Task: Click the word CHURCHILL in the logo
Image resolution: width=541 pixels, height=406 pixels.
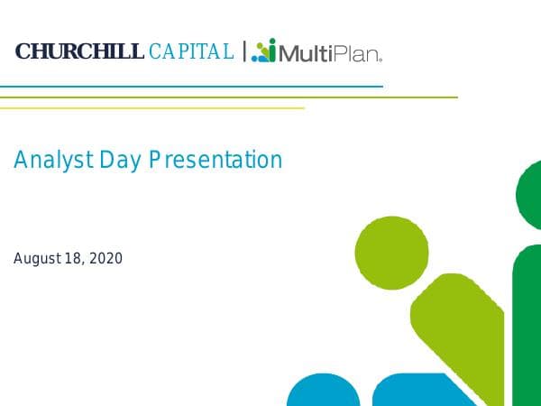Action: tap(79, 52)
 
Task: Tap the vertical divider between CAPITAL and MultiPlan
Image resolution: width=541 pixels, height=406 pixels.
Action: tap(243, 51)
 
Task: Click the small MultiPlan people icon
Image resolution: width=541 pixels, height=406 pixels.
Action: tap(263, 51)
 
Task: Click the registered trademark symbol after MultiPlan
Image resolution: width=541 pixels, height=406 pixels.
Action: tap(381, 60)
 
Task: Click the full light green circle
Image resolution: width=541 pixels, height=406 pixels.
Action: tap(391, 254)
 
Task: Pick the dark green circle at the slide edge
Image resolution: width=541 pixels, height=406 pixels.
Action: tap(530, 195)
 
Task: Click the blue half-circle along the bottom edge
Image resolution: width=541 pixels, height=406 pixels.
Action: tap(323, 393)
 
